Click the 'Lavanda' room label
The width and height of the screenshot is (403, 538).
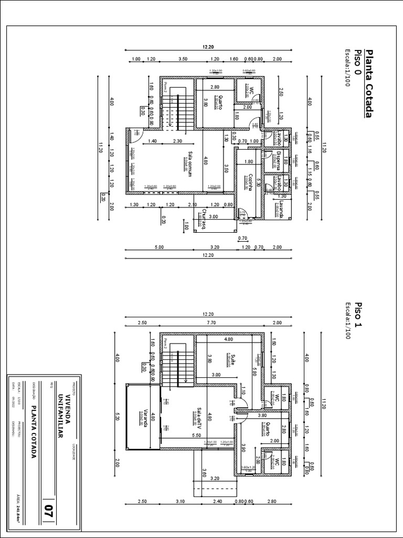[281, 209]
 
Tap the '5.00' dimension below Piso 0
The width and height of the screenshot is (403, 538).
[159, 247]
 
